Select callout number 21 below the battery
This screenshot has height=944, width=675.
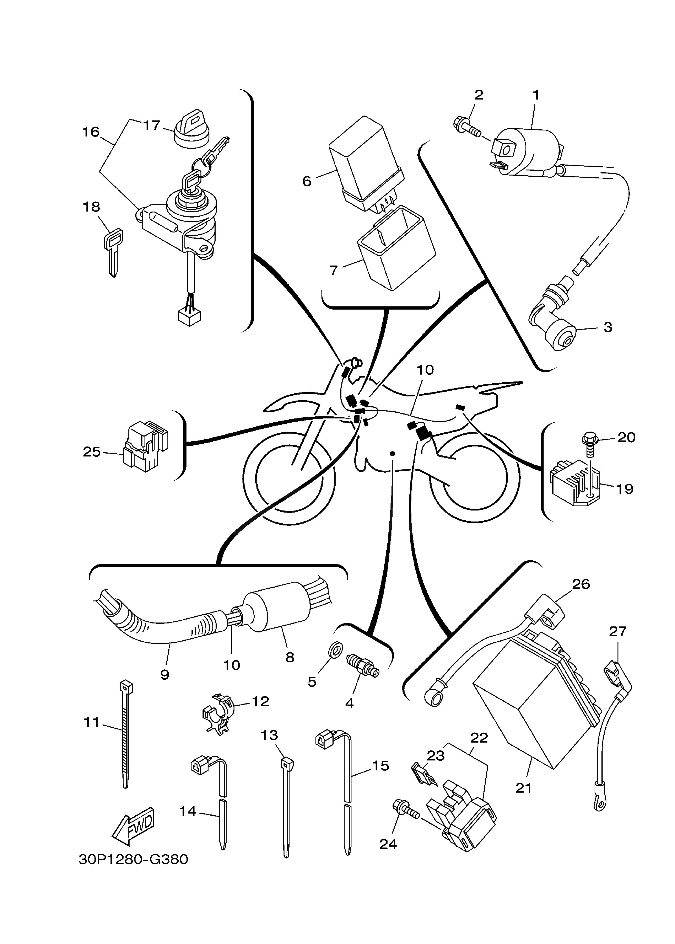pyautogui.click(x=523, y=788)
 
